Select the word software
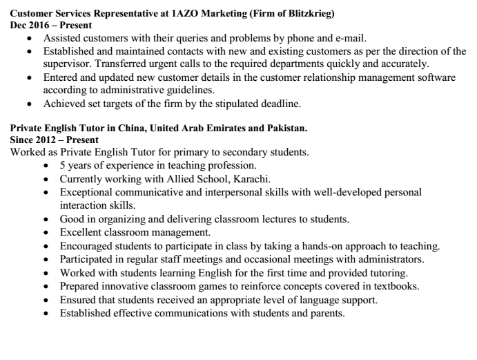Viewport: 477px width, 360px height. [x=434, y=77]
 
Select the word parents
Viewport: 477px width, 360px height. [x=327, y=312]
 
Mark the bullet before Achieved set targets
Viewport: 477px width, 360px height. [x=28, y=104]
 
